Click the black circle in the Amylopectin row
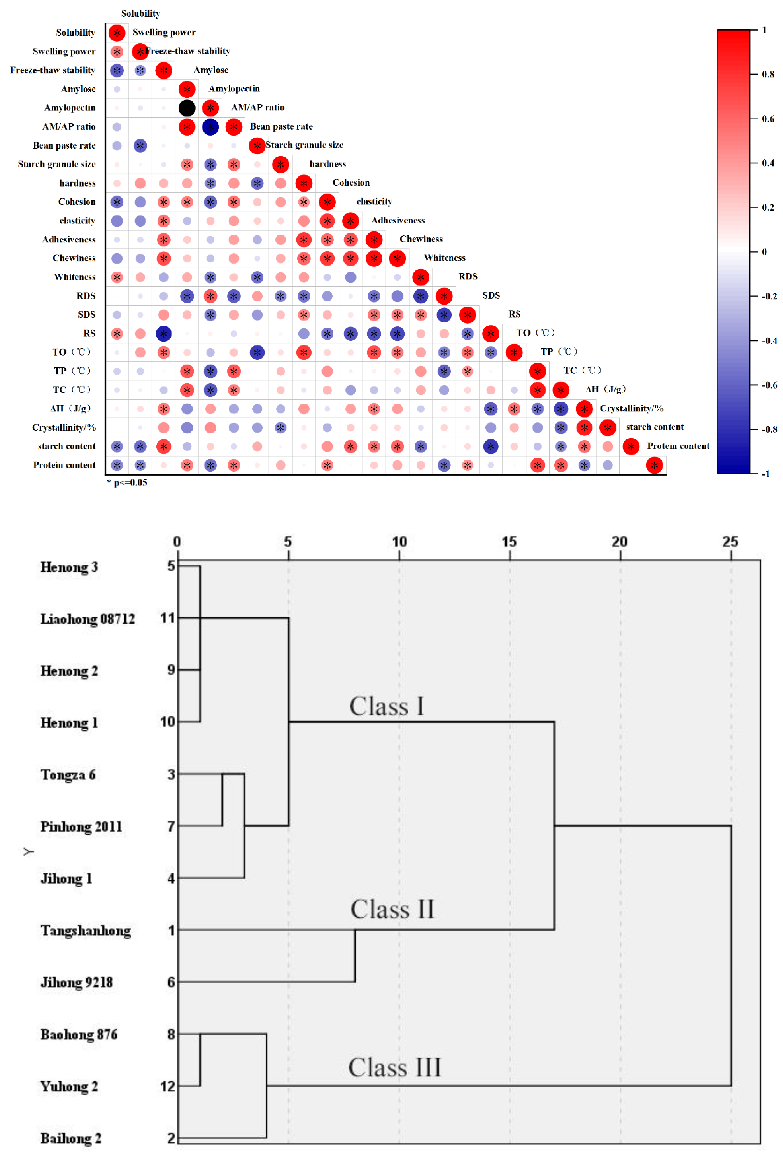pyautogui.click(x=187, y=108)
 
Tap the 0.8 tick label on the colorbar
pyautogui.click(x=768, y=75)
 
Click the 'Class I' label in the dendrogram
pyautogui.click(x=387, y=706)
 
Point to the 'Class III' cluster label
pyautogui.click(x=394, y=1068)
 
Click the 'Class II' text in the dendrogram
pyautogui.click(x=392, y=909)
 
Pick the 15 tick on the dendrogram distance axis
pyautogui.click(x=509, y=542)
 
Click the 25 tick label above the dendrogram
pyautogui.click(x=730, y=542)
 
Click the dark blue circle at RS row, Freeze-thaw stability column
pyautogui.click(x=163, y=334)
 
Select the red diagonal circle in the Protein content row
pyautogui.click(x=654, y=465)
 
